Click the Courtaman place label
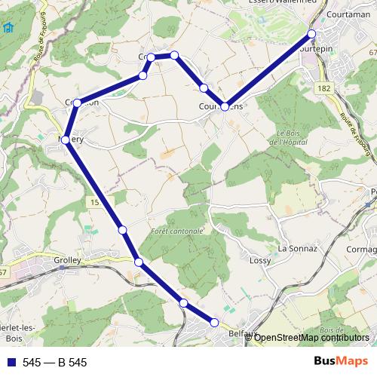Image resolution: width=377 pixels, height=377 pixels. tap(348, 14)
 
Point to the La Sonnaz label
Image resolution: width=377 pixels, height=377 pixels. tap(297, 247)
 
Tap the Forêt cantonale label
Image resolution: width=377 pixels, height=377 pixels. tap(177, 230)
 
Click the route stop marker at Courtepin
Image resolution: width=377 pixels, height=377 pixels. tap(311, 34)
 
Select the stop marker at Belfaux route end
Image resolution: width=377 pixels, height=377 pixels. tap(214, 323)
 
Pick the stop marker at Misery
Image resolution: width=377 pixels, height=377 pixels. tap(66, 140)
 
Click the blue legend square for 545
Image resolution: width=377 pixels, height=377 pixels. tap(10, 363)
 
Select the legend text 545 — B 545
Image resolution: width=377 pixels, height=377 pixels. tap(54, 363)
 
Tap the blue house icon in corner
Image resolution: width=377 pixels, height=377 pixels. tap(8, 28)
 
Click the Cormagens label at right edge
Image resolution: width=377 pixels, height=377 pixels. tap(363, 250)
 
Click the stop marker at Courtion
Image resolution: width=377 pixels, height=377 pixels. tap(77, 103)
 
